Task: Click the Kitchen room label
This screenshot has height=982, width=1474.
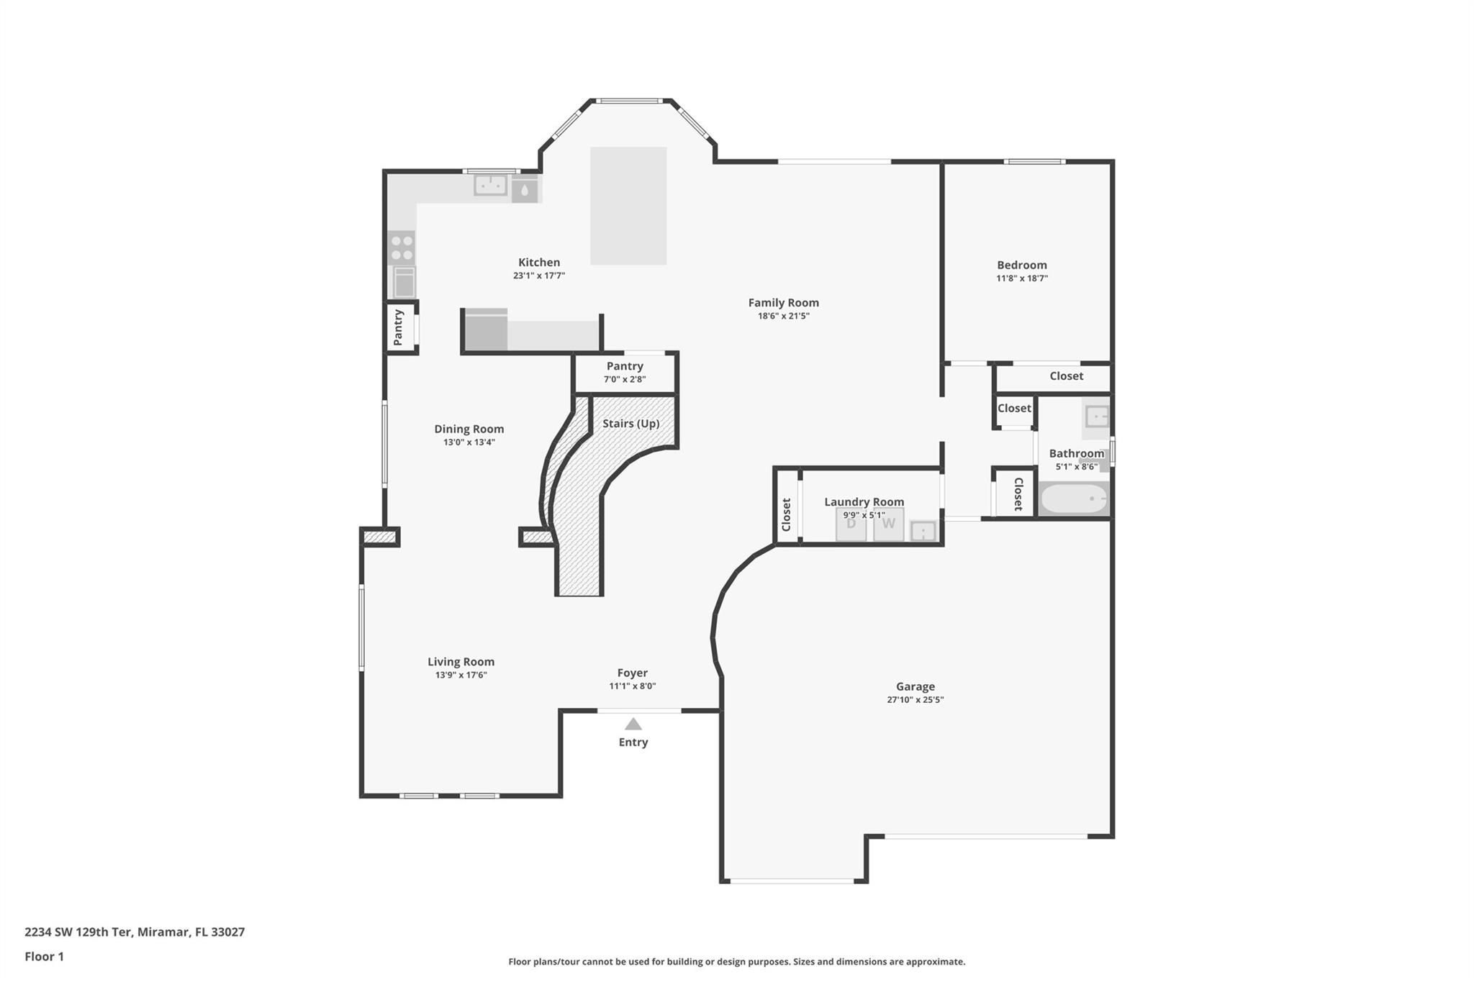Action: [x=539, y=263]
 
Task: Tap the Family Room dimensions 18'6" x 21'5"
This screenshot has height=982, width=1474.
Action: [x=783, y=316]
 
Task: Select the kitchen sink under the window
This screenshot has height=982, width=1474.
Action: [x=490, y=186]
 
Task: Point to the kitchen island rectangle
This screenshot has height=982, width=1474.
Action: [x=628, y=206]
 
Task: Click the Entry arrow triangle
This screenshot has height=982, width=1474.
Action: [x=633, y=724]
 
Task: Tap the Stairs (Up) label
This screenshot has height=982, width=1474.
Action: [x=630, y=424]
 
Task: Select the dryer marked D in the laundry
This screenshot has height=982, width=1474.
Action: [x=851, y=524]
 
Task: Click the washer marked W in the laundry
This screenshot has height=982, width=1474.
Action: [x=888, y=524]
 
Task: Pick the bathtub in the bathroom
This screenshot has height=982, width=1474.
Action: [x=1074, y=499]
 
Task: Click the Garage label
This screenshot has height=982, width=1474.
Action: [x=915, y=686]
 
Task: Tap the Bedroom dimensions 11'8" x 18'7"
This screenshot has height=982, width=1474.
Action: [x=1021, y=278]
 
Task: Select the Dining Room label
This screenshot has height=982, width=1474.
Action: [x=469, y=429]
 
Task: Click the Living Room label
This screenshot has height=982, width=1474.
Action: [x=461, y=662]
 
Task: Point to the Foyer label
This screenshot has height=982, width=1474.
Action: [x=632, y=673]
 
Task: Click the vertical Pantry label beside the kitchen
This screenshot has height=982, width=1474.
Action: [x=399, y=328]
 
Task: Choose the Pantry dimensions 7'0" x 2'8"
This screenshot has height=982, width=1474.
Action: [x=624, y=379]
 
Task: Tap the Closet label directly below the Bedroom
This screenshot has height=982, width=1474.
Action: [x=1066, y=376]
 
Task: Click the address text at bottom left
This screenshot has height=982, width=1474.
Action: [x=135, y=932]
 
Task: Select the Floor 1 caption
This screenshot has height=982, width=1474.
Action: [x=44, y=956]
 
